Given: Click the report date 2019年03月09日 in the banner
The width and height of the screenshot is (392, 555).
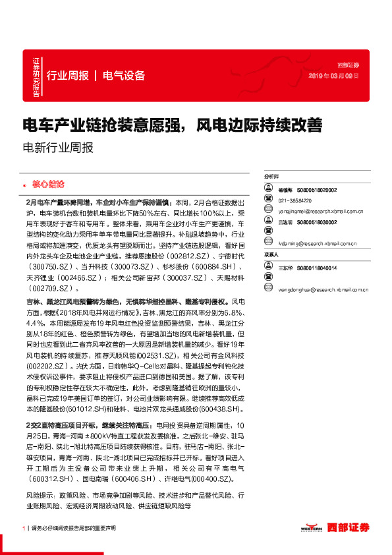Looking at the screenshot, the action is [334, 76].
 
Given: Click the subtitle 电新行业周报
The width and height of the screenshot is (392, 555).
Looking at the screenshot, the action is [57, 148].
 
